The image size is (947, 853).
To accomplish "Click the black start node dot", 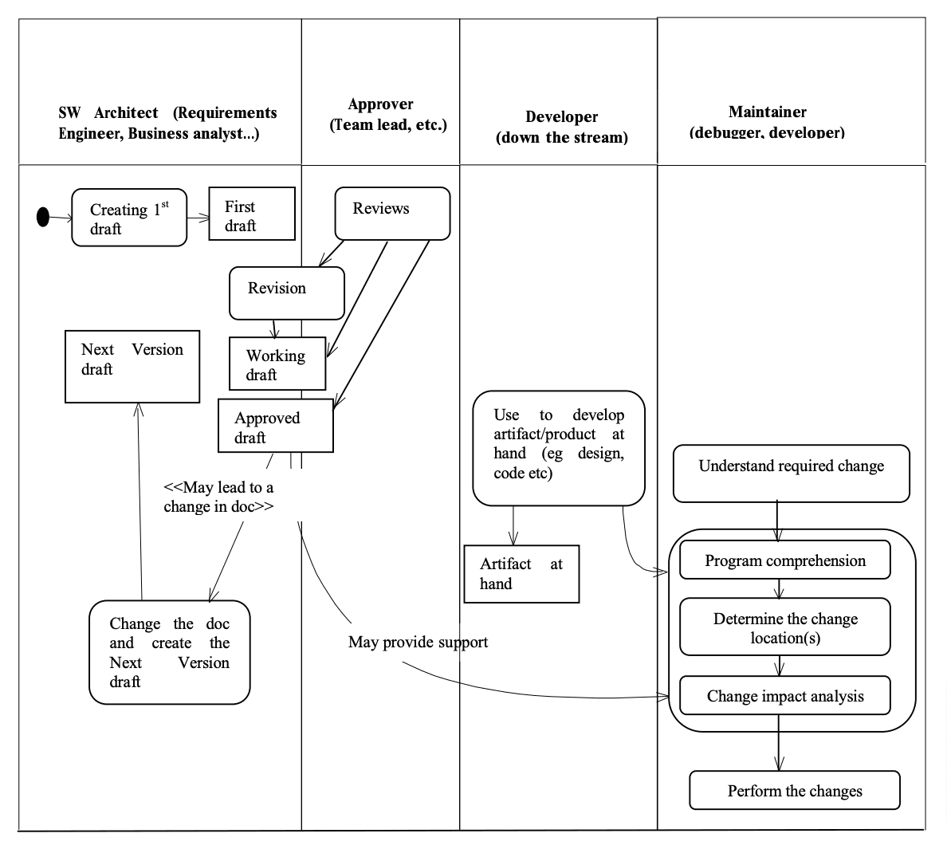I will pyautogui.click(x=43, y=216).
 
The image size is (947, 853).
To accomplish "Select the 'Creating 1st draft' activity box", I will pyautogui.click(x=129, y=218).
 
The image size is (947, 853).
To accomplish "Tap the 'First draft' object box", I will pyautogui.click(x=252, y=214).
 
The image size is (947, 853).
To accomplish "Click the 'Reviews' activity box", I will pyautogui.click(x=392, y=213).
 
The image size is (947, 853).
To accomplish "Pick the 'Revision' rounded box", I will pyautogui.click(x=286, y=293).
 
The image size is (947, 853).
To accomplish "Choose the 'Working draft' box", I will pyautogui.click(x=277, y=364).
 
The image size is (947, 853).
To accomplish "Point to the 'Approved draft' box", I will pyautogui.click(x=275, y=426).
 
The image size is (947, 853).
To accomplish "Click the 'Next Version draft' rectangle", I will pyautogui.click(x=132, y=367).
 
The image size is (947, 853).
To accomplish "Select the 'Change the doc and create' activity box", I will pyautogui.click(x=169, y=652).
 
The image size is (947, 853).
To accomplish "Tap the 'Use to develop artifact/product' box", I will pyautogui.click(x=558, y=447).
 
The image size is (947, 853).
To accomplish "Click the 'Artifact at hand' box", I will pyautogui.click(x=521, y=574).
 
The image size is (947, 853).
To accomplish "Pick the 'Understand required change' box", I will pyautogui.click(x=791, y=474).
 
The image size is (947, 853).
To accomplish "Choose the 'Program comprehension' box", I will pyautogui.click(x=784, y=560).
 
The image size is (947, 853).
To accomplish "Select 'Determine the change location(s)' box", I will pyautogui.click(x=784, y=627).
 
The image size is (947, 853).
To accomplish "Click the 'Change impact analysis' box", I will pyautogui.click(x=784, y=696).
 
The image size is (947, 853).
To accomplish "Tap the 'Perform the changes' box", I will pyautogui.click(x=794, y=790).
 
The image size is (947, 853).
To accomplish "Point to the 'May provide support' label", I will pyautogui.click(x=418, y=642).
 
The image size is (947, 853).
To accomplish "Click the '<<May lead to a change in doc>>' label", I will pyautogui.click(x=218, y=497).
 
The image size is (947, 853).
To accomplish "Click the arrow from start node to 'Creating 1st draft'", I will pyautogui.click(x=61, y=217).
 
